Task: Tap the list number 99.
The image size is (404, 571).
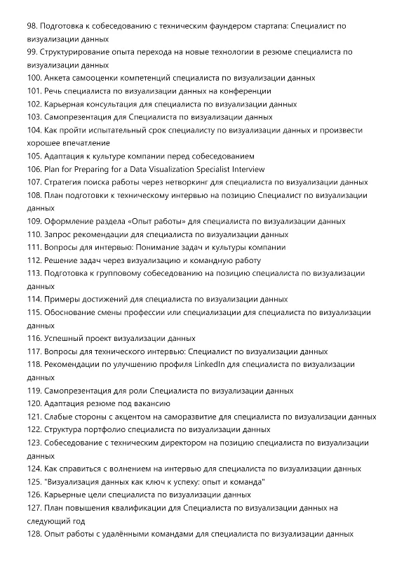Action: tap(33, 52)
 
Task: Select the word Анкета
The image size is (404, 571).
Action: tap(61, 78)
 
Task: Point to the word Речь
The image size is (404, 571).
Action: tap(55, 91)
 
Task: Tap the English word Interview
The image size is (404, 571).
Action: tap(247, 169)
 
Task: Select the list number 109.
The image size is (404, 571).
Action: tap(35, 221)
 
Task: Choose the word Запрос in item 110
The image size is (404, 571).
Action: tap(61, 234)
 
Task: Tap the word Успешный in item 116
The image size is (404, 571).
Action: tap(66, 338)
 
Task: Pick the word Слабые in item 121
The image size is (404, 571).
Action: tap(62, 416)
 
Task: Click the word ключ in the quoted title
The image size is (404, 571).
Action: tap(165, 481)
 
